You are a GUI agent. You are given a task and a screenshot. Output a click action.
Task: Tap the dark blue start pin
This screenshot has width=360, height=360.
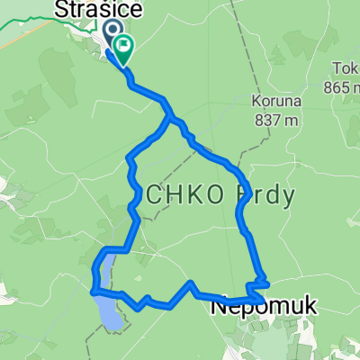point(114,34)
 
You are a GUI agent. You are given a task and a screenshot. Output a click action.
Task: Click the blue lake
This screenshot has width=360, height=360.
point(108,301)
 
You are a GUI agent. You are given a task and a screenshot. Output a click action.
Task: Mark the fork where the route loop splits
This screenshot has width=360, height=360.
point(169,117)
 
